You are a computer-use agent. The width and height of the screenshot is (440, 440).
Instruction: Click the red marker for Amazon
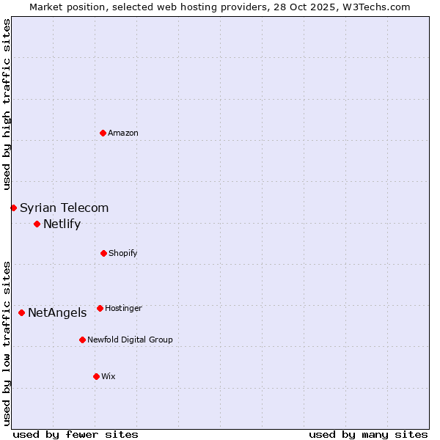tap(103, 133)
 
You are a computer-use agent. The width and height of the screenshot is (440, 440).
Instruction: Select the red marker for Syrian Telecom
tap(13, 208)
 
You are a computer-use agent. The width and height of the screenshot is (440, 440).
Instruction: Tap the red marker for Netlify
tap(37, 224)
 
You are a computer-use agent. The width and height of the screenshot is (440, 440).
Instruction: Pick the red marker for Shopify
tap(103, 253)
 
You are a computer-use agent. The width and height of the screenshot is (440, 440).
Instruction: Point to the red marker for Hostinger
tap(100, 308)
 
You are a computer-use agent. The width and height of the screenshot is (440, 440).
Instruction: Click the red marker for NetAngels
tap(21, 312)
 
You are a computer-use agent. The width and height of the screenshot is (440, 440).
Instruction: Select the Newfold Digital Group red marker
tap(82, 340)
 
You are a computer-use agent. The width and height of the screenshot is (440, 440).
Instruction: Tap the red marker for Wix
tap(96, 376)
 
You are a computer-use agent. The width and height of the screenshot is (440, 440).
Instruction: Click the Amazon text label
tap(123, 133)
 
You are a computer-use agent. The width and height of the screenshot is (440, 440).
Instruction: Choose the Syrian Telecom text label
tap(65, 208)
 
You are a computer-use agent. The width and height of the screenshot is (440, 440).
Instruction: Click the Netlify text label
tap(62, 224)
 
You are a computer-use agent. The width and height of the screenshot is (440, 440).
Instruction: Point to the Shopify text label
tap(123, 253)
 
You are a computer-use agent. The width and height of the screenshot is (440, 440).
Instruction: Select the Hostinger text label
tap(123, 308)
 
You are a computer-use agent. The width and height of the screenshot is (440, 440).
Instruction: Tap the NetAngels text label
tap(57, 312)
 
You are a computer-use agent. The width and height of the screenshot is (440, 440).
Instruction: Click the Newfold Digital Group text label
tap(130, 340)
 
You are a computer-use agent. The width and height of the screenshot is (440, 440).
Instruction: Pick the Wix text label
tap(109, 376)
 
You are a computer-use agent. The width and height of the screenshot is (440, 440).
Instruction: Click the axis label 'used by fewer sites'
tap(76, 434)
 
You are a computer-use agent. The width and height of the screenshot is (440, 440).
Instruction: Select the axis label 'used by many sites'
tap(368, 434)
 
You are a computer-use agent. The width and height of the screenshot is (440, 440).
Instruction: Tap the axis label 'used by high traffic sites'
tap(7, 104)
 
